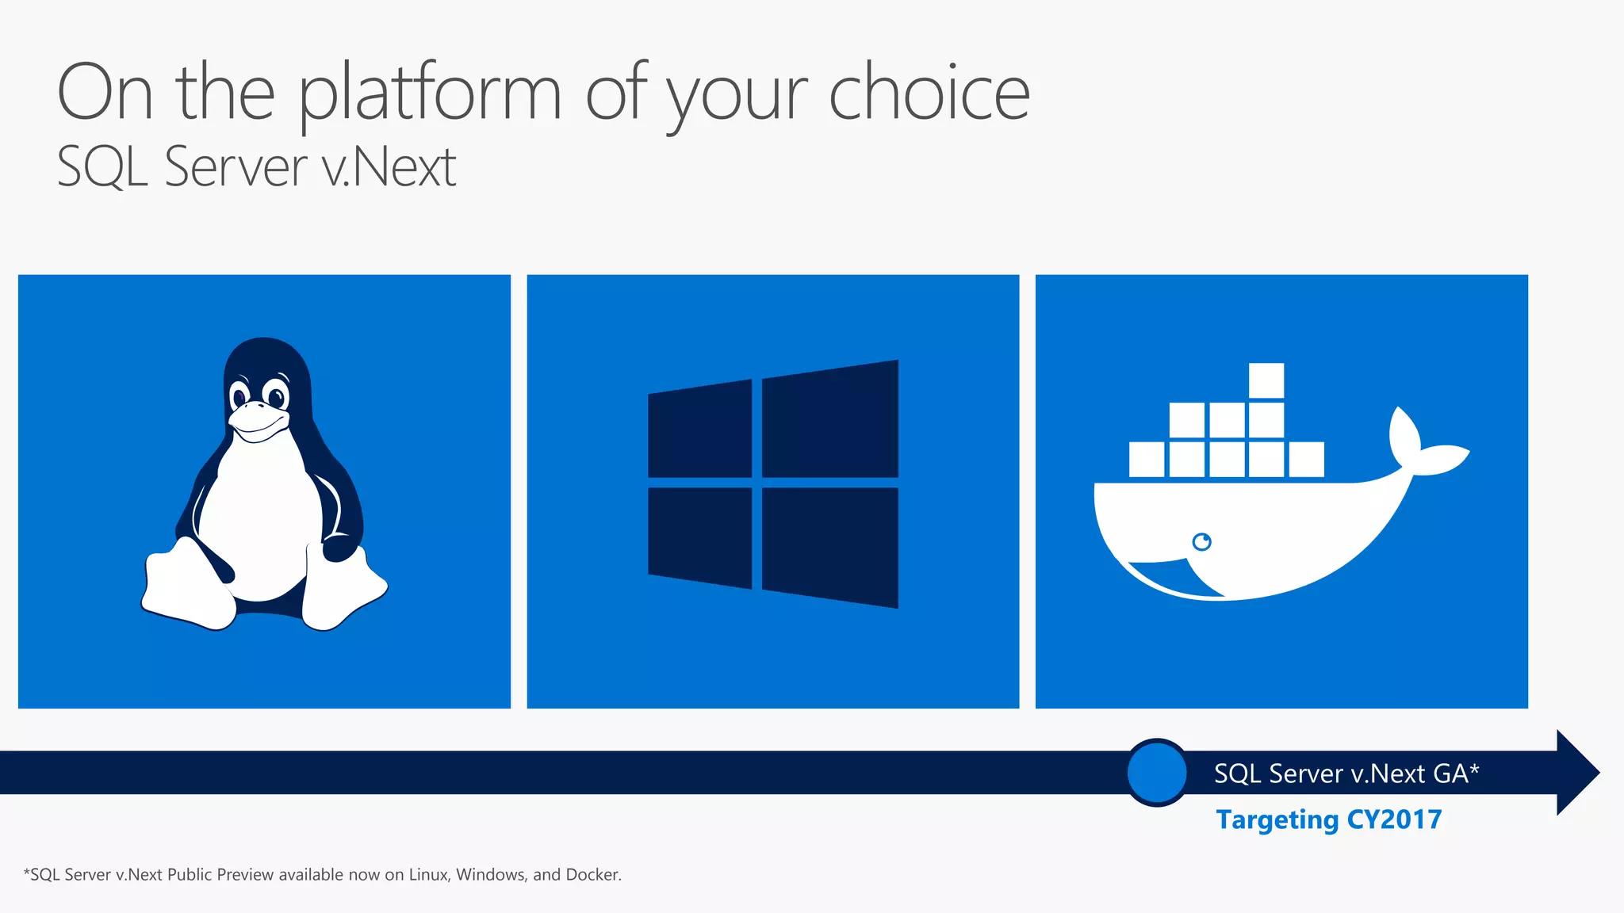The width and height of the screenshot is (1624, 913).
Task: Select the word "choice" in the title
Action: (929, 94)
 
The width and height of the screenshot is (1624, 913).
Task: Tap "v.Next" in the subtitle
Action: (389, 168)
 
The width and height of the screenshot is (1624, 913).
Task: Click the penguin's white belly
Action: (258, 515)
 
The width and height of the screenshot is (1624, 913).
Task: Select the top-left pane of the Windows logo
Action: (699, 430)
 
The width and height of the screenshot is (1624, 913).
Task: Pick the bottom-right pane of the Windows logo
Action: (830, 547)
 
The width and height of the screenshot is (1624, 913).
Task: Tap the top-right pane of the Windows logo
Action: (830, 420)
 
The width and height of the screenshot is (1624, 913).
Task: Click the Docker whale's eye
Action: (1202, 542)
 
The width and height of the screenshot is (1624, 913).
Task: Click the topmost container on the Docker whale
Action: (1266, 380)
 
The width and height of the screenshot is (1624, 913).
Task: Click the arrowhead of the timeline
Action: (1578, 773)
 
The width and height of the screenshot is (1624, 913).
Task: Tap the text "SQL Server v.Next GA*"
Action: (1346, 774)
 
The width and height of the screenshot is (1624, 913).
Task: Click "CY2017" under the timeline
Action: (1394, 819)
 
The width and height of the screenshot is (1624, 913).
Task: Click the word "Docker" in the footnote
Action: (592, 875)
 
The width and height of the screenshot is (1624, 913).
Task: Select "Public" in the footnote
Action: (189, 875)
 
